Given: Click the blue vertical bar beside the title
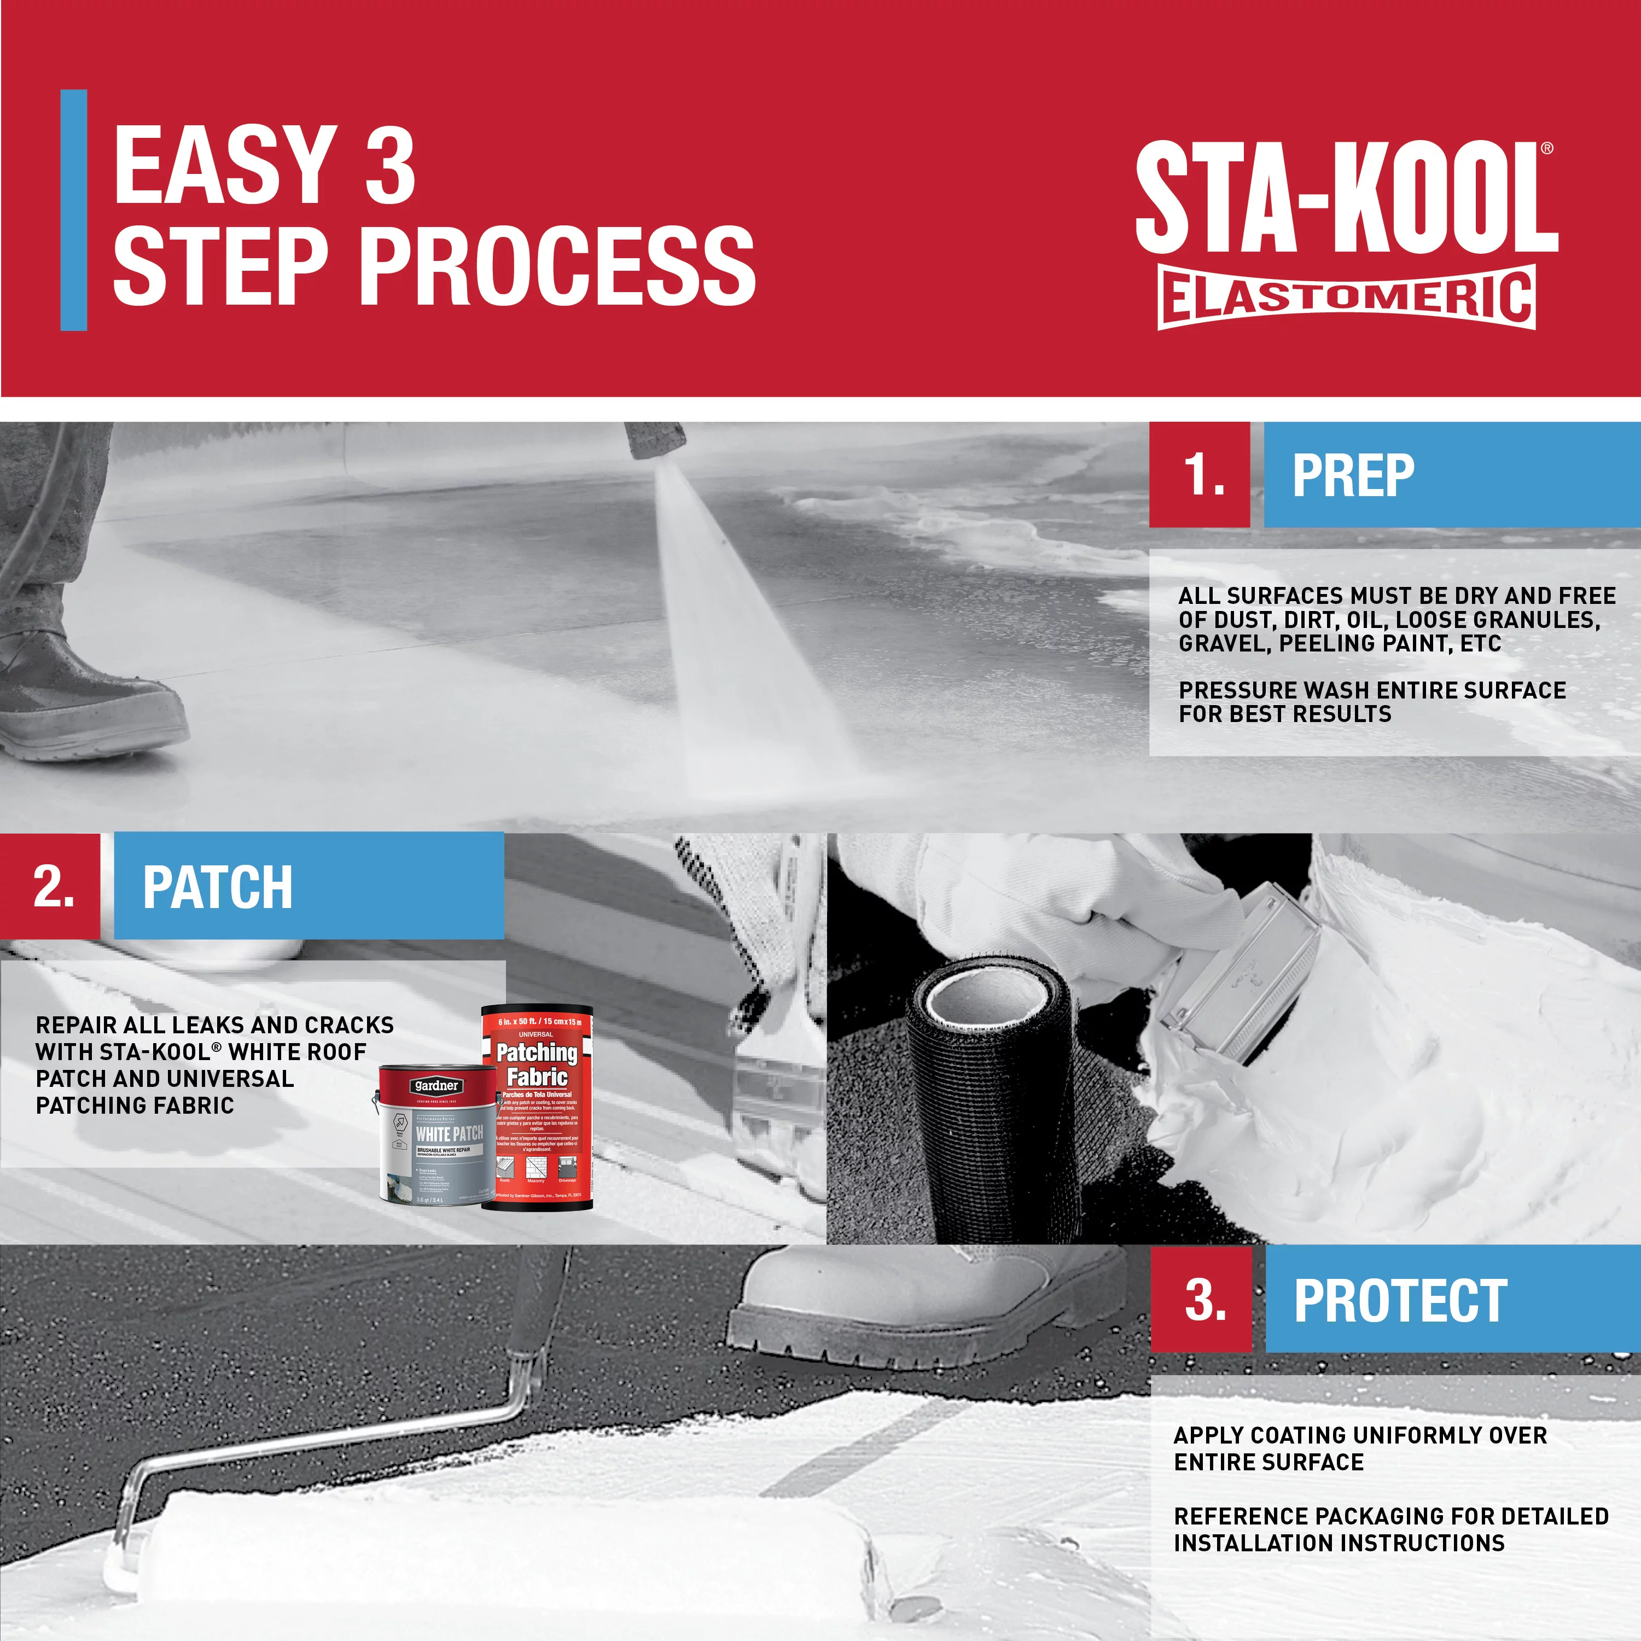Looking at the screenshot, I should (74, 210).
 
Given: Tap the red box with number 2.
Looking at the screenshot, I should (50, 886).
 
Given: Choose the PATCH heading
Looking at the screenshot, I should (218, 888).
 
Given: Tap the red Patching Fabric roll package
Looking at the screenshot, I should (537, 1104).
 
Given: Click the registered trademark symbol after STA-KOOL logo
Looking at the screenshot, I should (1547, 148).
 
